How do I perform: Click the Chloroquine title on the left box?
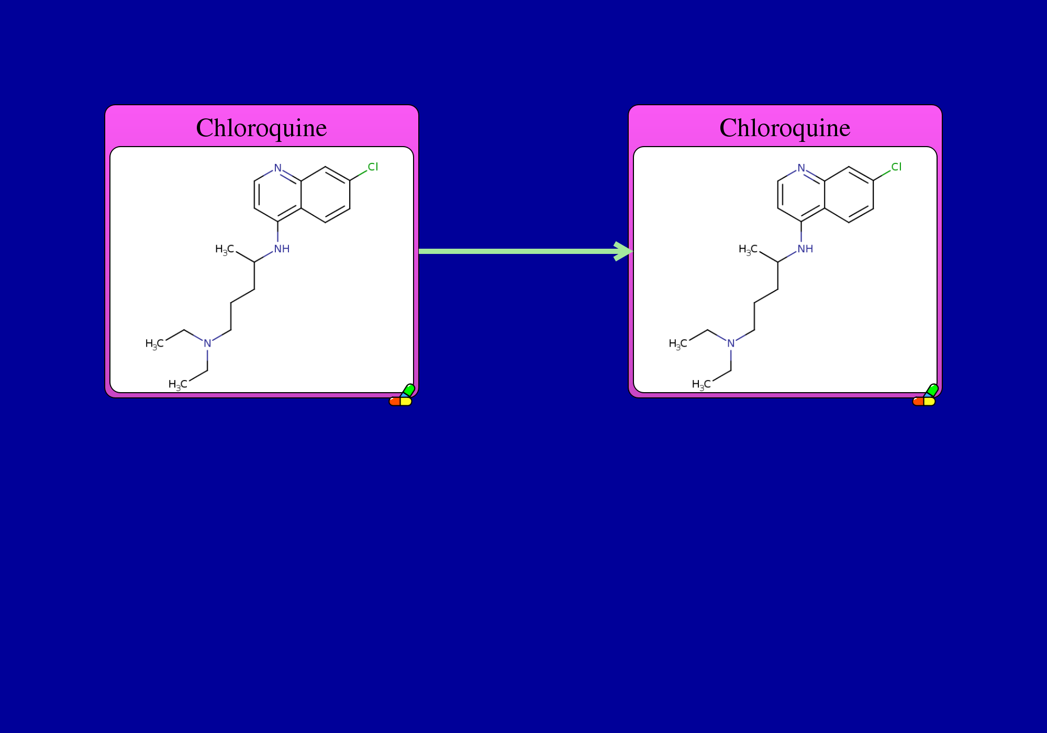click(x=261, y=128)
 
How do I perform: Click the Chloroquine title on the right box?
click(x=785, y=128)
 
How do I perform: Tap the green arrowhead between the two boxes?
click(x=623, y=251)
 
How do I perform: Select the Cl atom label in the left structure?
click(x=373, y=167)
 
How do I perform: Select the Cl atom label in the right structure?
click(x=896, y=167)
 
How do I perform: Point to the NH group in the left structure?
click(x=282, y=249)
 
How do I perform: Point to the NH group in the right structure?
click(x=805, y=249)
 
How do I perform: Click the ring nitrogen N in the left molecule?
click(x=277, y=168)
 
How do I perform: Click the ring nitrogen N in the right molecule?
click(x=801, y=168)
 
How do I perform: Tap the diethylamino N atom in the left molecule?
click(x=207, y=343)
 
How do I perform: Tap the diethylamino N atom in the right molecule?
click(x=731, y=343)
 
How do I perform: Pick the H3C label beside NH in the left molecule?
click(x=225, y=250)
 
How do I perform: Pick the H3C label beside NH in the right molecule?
click(x=748, y=250)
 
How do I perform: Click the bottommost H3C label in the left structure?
click(x=177, y=385)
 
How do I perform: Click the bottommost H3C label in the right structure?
click(x=701, y=385)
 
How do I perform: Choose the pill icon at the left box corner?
click(x=402, y=395)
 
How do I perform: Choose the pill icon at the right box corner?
click(x=925, y=395)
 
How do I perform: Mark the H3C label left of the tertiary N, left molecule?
click(x=154, y=344)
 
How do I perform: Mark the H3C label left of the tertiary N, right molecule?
click(x=678, y=344)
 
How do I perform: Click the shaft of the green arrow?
click(x=518, y=251)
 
